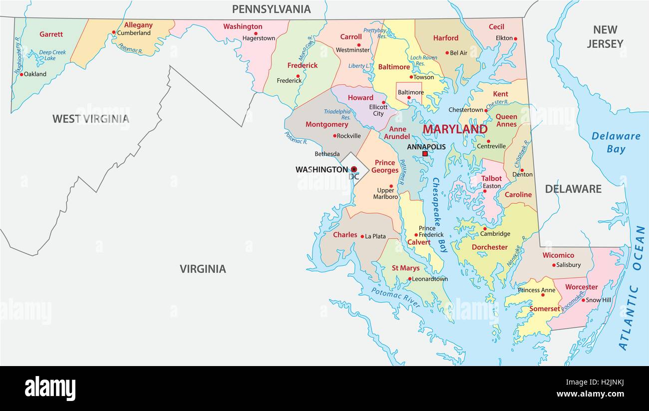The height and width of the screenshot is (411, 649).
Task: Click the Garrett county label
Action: coord(51,34)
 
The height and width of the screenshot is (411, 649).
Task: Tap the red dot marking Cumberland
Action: coord(114,32)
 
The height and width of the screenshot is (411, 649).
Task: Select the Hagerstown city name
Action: coord(259,38)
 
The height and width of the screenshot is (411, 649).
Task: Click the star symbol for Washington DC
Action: coord(354,169)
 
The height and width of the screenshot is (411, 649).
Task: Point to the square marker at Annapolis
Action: coord(425,154)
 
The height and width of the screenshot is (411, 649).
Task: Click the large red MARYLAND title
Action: coord(455,129)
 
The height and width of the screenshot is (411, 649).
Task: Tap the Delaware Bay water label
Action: coord(616,142)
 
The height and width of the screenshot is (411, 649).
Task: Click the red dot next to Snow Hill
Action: coord(583,300)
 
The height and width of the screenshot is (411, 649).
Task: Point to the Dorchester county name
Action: coord(489,247)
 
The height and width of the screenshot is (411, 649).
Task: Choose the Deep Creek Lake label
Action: coord(52,55)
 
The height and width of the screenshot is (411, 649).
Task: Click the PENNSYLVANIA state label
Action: coord(271,9)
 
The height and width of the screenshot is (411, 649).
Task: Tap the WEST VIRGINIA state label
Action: coord(90,119)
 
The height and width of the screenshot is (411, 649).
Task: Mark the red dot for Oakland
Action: coord(21,74)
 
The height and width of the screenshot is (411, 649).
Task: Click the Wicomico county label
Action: coord(558,255)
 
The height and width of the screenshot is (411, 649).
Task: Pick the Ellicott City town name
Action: coord(378,110)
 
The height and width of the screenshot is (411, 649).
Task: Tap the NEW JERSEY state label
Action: coord(605,37)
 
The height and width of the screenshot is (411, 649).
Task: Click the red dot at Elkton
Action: coord(515,38)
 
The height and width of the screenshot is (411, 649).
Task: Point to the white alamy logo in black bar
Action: coord(50,388)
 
